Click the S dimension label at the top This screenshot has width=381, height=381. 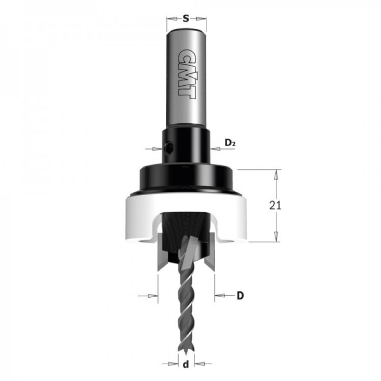[186, 19]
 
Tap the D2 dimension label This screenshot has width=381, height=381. [230, 142]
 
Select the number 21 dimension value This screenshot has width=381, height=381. [275, 206]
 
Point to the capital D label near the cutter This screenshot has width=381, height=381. [240, 296]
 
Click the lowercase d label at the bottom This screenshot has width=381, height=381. [186, 364]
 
